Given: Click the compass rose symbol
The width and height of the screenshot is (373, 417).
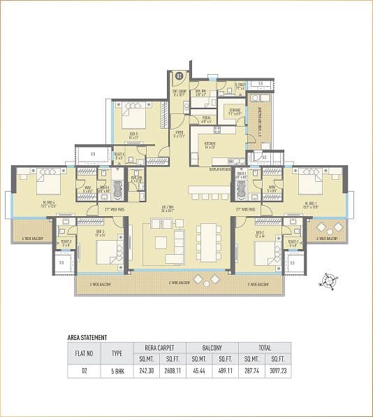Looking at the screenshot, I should coord(326,281).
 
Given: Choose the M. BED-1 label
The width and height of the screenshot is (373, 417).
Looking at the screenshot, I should coord(312,205).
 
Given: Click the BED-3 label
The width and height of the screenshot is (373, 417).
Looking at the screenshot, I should coord(99,232).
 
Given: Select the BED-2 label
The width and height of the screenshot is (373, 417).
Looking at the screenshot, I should coord(259,232).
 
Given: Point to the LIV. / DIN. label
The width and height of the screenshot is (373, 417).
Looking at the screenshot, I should coord(187,208).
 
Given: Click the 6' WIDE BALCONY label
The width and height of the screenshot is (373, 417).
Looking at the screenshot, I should coord(180,283).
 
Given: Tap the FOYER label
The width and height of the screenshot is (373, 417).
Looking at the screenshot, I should coord(179,134).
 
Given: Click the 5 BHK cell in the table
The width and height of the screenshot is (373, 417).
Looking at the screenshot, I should coord(117,372).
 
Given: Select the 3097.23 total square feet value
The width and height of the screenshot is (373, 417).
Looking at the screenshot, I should coord(277,372).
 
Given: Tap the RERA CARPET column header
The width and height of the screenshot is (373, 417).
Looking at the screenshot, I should coord(160,347).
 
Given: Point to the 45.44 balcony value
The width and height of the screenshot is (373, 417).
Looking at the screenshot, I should coord(199,372).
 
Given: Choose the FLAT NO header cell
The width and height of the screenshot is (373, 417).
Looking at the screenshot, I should coord(83,353).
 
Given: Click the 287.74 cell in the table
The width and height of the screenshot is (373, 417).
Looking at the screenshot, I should coord(251,372).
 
